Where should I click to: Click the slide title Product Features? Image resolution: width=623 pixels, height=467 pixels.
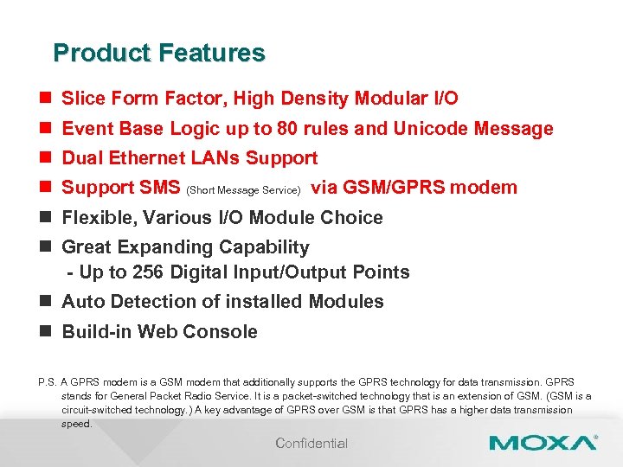(x=158, y=53)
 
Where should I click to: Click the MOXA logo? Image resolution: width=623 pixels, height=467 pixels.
(x=543, y=443)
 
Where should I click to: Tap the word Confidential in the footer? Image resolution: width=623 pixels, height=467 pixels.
(x=311, y=444)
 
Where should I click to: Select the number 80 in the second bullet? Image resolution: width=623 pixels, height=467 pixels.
(x=287, y=129)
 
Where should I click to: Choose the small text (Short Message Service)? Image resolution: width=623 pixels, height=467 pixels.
(x=244, y=189)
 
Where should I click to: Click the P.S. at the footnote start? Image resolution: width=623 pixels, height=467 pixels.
(x=48, y=382)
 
